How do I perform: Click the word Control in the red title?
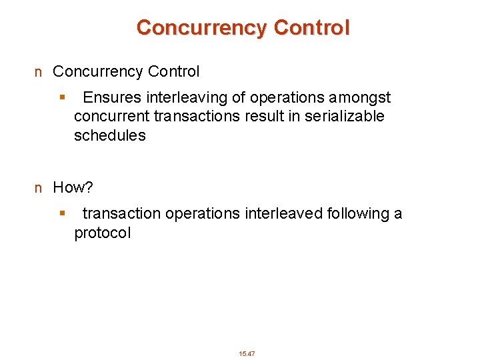coord(311,28)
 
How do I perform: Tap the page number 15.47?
coord(247,353)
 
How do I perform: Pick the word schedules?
coord(109,135)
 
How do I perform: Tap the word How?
coord(73,187)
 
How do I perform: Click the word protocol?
coord(103,233)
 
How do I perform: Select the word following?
coord(361,214)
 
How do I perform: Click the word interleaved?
coord(285,214)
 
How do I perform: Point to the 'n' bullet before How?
coord(39,188)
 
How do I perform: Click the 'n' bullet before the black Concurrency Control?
coord(39,72)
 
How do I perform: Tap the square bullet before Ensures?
coord(62,98)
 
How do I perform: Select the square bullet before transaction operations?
coord(62,214)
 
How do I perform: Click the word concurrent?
coord(112,117)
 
